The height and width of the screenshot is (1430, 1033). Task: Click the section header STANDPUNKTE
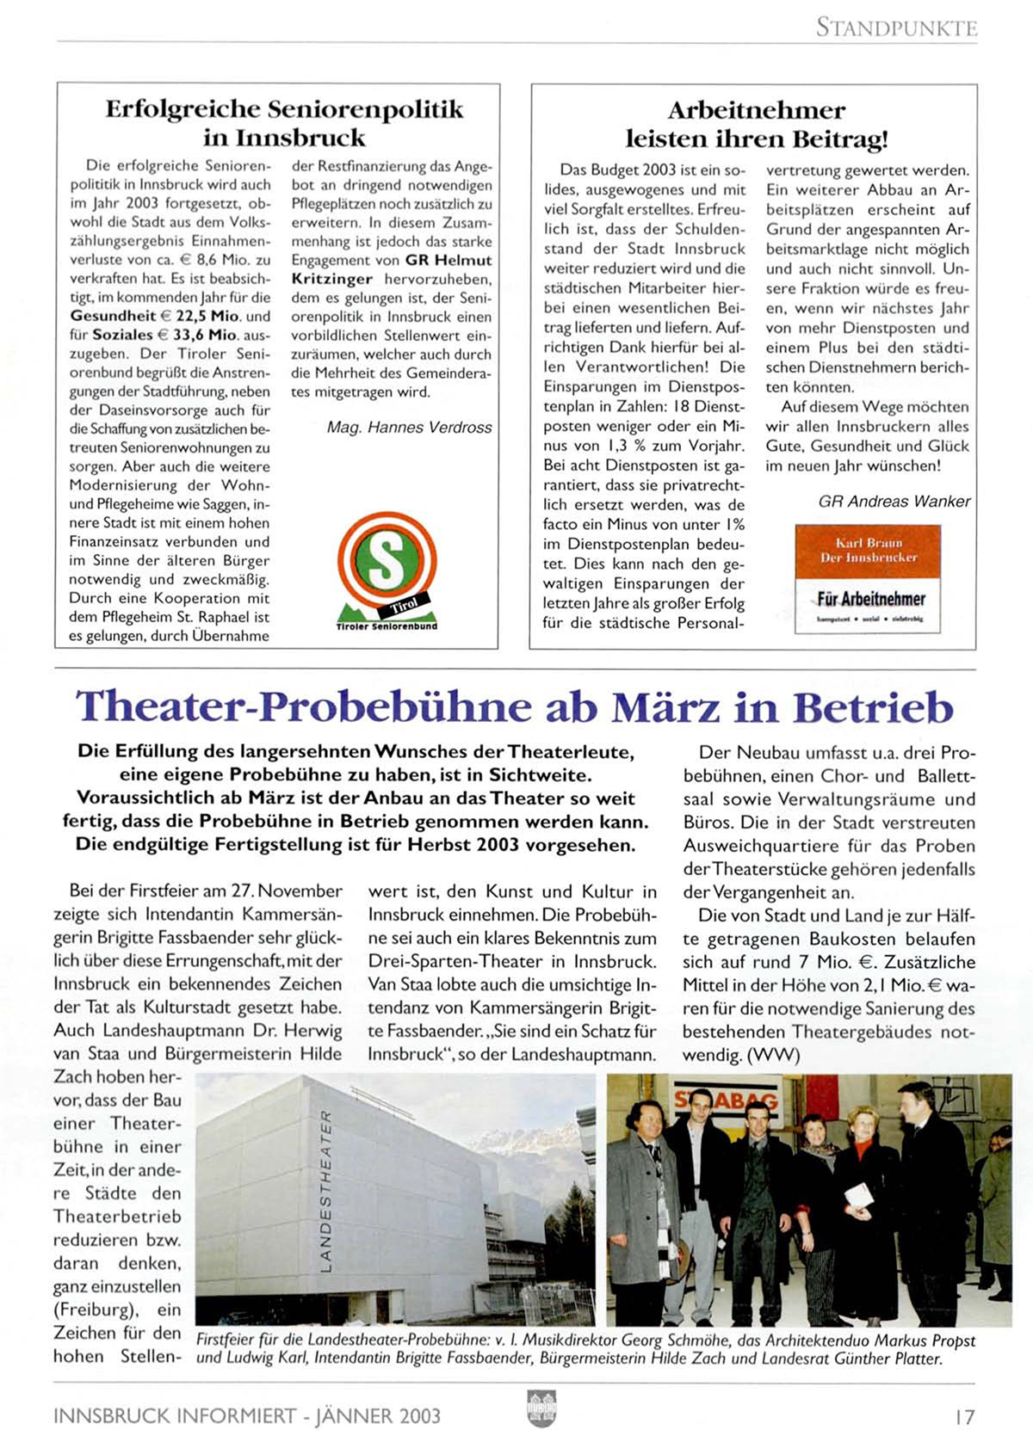pyautogui.click(x=896, y=28)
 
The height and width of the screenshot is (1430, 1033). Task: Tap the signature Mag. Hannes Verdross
pyautogui.click(x=409, y=428)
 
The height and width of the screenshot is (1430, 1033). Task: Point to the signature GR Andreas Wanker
pyautogui.click(x=894, y=502)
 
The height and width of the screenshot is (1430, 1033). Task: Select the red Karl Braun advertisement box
pyautogui.click(x=867, y=580)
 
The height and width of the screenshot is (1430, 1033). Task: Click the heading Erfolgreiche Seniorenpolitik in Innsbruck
pyautogui.click(x=284, y=123)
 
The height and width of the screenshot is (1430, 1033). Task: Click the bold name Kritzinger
pyautogui.click(x=331, y=279)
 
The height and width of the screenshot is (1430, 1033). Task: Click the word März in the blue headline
pyautogui.click(x=665, y=707)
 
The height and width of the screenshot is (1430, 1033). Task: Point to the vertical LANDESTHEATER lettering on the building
pyautogui.click(x=325, y=1190)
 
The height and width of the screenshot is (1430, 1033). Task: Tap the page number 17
pyautogui.click(x=964, y=1415)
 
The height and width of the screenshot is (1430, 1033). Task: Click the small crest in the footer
pyautogui.click(x=541, y=1408)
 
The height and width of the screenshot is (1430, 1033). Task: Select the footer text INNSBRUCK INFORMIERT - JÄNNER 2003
pyautogui.click(x=247, y=1415)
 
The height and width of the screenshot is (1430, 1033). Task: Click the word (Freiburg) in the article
pyautogui.click(x=96, y=1310)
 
